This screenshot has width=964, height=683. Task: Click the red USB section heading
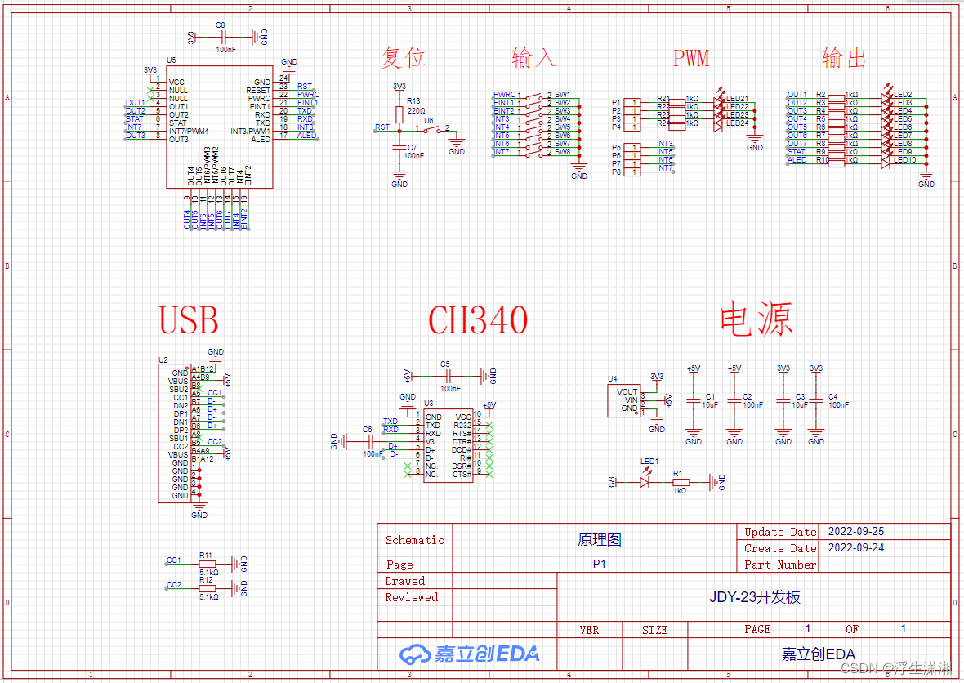[189, 320]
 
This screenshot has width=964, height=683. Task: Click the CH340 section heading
[478, 320]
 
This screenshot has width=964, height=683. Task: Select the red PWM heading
[690, 58]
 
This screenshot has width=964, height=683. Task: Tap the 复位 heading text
[403, 58]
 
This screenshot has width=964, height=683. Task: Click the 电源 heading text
[756, 319]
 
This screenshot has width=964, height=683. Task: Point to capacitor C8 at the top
[222, 37]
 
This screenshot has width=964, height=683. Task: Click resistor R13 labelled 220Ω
[399, 114]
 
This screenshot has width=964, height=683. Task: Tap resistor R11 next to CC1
[208, 564]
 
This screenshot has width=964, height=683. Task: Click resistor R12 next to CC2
[208, 588]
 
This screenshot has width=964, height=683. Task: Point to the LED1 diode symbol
[645, 482]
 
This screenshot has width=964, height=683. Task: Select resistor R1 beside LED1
[679, 482]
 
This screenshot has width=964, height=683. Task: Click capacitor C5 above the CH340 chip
[446, 376]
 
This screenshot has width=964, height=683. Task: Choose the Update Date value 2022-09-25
[856, 531]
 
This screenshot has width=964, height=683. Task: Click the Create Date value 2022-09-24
[856, 547]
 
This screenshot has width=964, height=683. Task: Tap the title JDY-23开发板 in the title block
[755, 597]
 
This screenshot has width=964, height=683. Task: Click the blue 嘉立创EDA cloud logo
[469, 654]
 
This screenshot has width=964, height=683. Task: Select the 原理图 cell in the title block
[600, 540]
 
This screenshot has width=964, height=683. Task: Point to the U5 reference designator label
[171, 60]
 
